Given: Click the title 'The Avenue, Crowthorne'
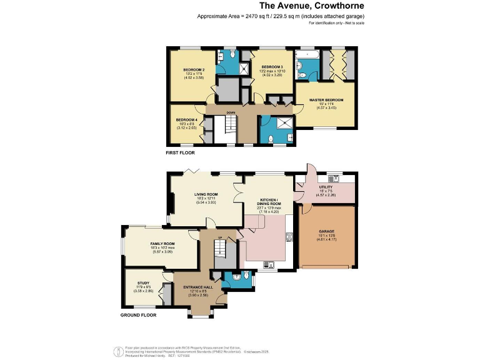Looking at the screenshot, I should click(x=281, y=6).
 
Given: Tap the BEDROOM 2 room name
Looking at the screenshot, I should click(x=194, y=69).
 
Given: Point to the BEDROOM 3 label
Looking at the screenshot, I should click(x=272, y=67).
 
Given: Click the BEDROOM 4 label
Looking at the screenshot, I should click(x=186, y=119).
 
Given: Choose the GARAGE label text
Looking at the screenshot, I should click(x=327, y=231).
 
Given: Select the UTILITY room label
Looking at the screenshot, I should click(x=327, y=186).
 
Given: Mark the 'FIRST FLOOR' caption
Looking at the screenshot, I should click(x=180, y=152).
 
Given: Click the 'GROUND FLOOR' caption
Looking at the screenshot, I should click(x=138, y=316).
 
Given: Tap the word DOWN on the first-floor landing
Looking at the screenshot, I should click(x=231, y=112).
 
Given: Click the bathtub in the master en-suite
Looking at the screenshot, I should click(x=307, y=63).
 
